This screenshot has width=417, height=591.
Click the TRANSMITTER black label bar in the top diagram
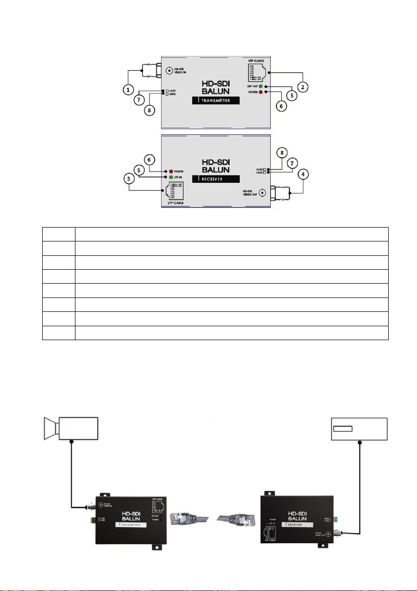point(214,101)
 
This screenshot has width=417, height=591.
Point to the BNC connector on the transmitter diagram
point(149,71)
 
